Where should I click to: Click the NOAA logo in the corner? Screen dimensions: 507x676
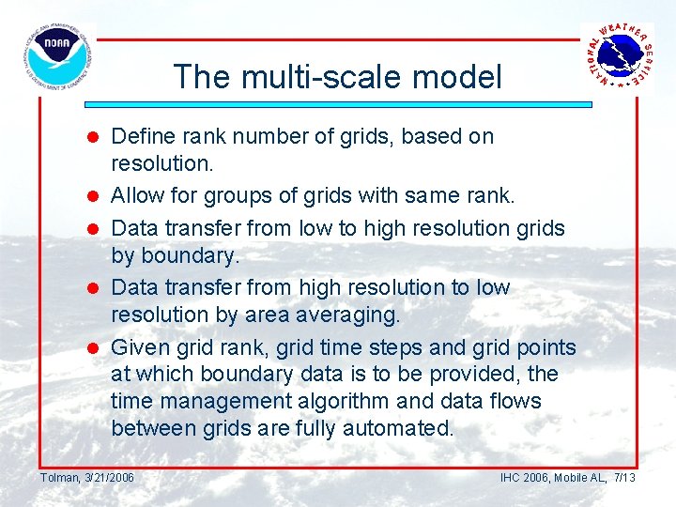57,57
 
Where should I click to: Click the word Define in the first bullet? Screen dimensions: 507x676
142,136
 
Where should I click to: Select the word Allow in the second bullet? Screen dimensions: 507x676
137,196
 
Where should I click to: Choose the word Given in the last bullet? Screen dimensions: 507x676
139,347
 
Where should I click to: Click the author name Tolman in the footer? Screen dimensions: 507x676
60,478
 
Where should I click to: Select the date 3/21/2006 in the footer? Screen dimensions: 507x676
109,478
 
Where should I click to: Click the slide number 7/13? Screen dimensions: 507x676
624,478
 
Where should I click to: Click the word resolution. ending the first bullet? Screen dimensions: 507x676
161,163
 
